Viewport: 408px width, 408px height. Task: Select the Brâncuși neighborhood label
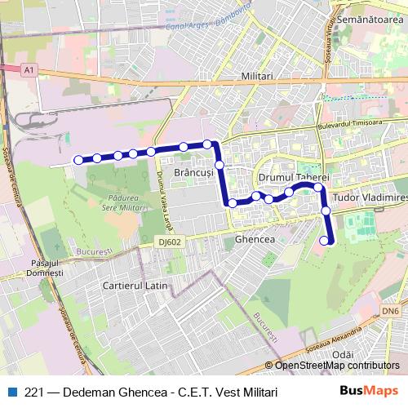tap(193, 174)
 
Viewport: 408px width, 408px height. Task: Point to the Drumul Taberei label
tap(293, 177)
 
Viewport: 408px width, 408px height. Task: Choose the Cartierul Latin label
tap(135, 286)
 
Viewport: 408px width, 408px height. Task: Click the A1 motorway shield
tap(29, 72)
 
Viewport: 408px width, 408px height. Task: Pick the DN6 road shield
tap(392, 311)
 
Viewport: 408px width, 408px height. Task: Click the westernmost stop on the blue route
tap(78, 160)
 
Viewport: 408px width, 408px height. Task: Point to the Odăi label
tap(344, 355)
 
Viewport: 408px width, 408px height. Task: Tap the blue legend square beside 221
tap(10, 392)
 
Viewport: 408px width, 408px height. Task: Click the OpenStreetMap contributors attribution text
tap(336, 366)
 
